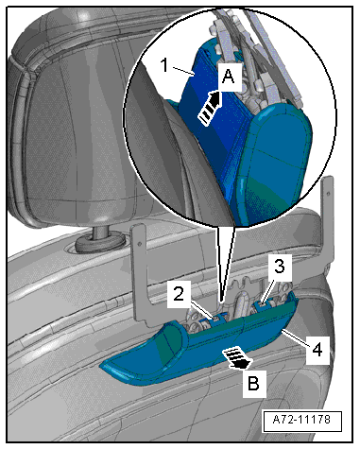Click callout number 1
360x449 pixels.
(x=164, y=65)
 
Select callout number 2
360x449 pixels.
(x=179, y=294)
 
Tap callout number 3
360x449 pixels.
(x=279, y=267)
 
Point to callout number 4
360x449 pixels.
(x=317, y=350)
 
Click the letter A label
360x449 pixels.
(x=228, y=77)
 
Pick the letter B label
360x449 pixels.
(x=253, y=384)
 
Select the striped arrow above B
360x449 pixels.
(x=237, y=358)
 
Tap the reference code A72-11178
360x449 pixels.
(x=301, y=420)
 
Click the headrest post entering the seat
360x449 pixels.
(x=100, y=233)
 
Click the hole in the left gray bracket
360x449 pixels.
(x=139, y=243)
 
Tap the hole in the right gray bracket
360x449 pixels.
(x=329, y=192)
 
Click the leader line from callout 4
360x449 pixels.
(x=297, y=337)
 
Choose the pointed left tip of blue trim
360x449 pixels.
(x=103, y=366)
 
